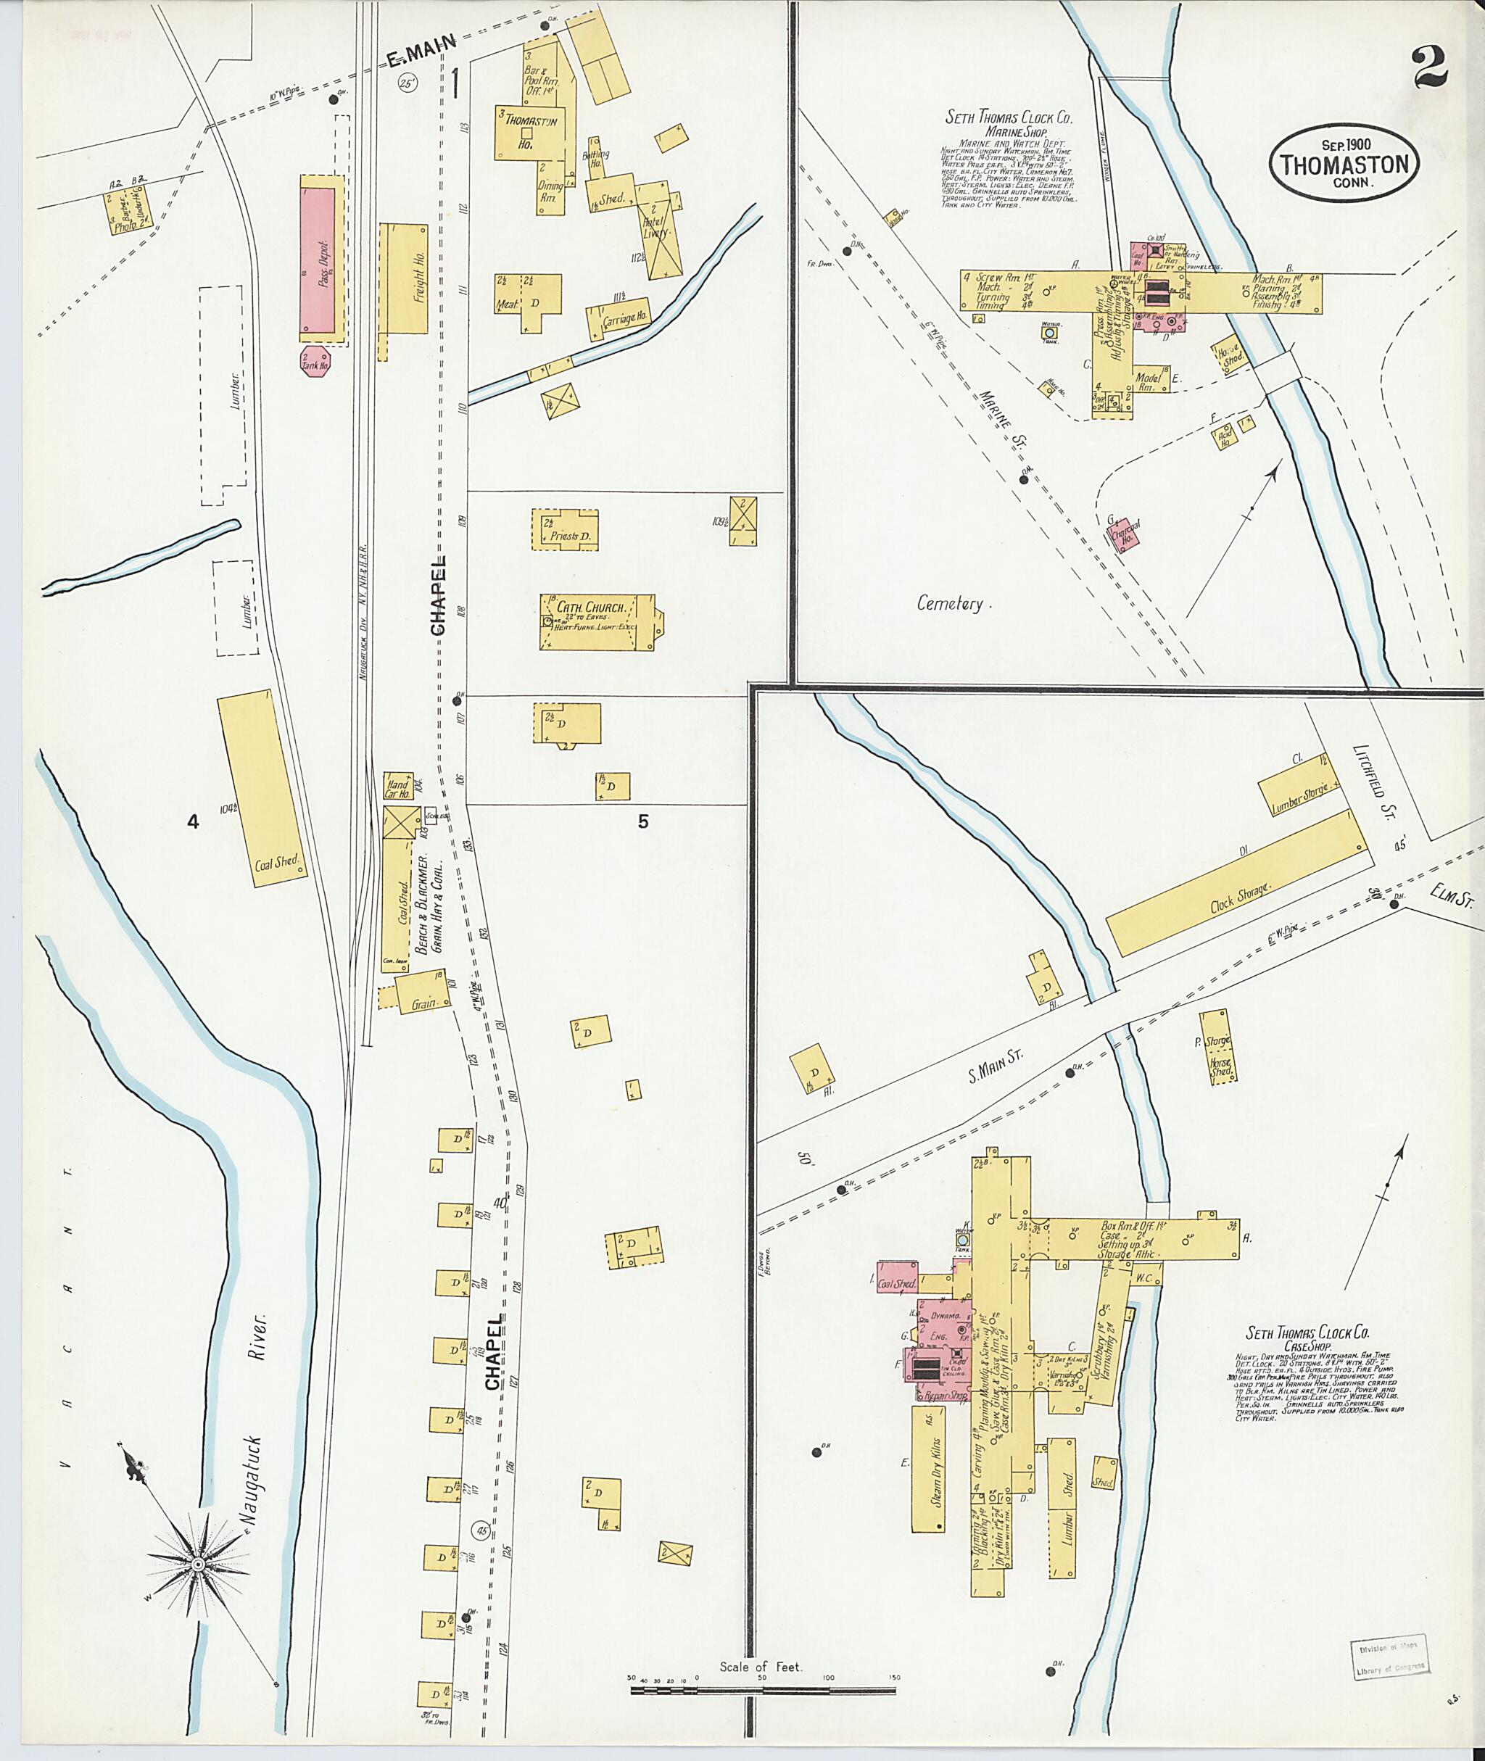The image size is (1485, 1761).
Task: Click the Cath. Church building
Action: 596,622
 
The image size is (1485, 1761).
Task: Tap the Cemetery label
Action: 950,604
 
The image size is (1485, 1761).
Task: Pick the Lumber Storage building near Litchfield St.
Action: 1299,784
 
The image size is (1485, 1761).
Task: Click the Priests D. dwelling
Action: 565,529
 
